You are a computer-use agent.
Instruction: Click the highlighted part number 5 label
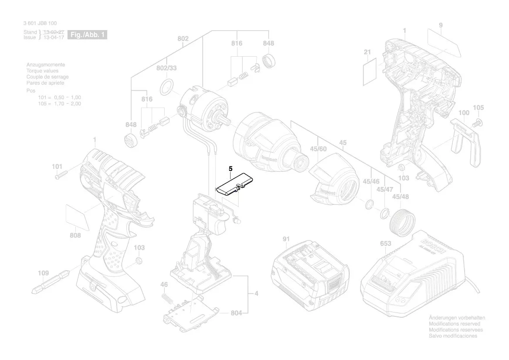pyautogui.click(x=231, y=168)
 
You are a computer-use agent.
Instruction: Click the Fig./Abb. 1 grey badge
pyautogui.click(x=88, y=35)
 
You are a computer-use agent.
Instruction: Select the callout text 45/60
pyautogui.click(x=318, y=149)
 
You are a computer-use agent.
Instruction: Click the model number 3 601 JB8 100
pyautogui.click(x=40, y=24)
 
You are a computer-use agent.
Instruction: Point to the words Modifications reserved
pyautogui.click(x=454, y=324)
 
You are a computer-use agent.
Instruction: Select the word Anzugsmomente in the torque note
pyautogui.click(x=45, y=65)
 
